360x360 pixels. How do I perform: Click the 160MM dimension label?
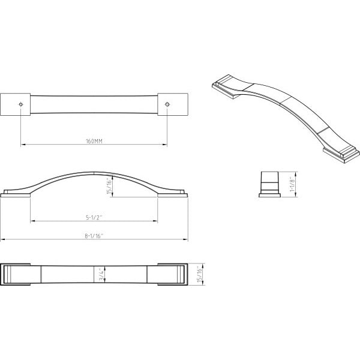94,141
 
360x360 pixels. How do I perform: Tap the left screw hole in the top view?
20,104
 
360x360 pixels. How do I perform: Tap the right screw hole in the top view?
167,104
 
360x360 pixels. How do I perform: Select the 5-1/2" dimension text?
94,217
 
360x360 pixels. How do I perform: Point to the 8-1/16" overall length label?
94,236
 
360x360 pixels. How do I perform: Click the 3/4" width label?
101,275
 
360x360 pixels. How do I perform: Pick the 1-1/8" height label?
292,184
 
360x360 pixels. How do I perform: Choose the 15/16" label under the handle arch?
110,186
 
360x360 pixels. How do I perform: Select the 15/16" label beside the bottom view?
200,275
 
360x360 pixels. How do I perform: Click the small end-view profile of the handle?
269,184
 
